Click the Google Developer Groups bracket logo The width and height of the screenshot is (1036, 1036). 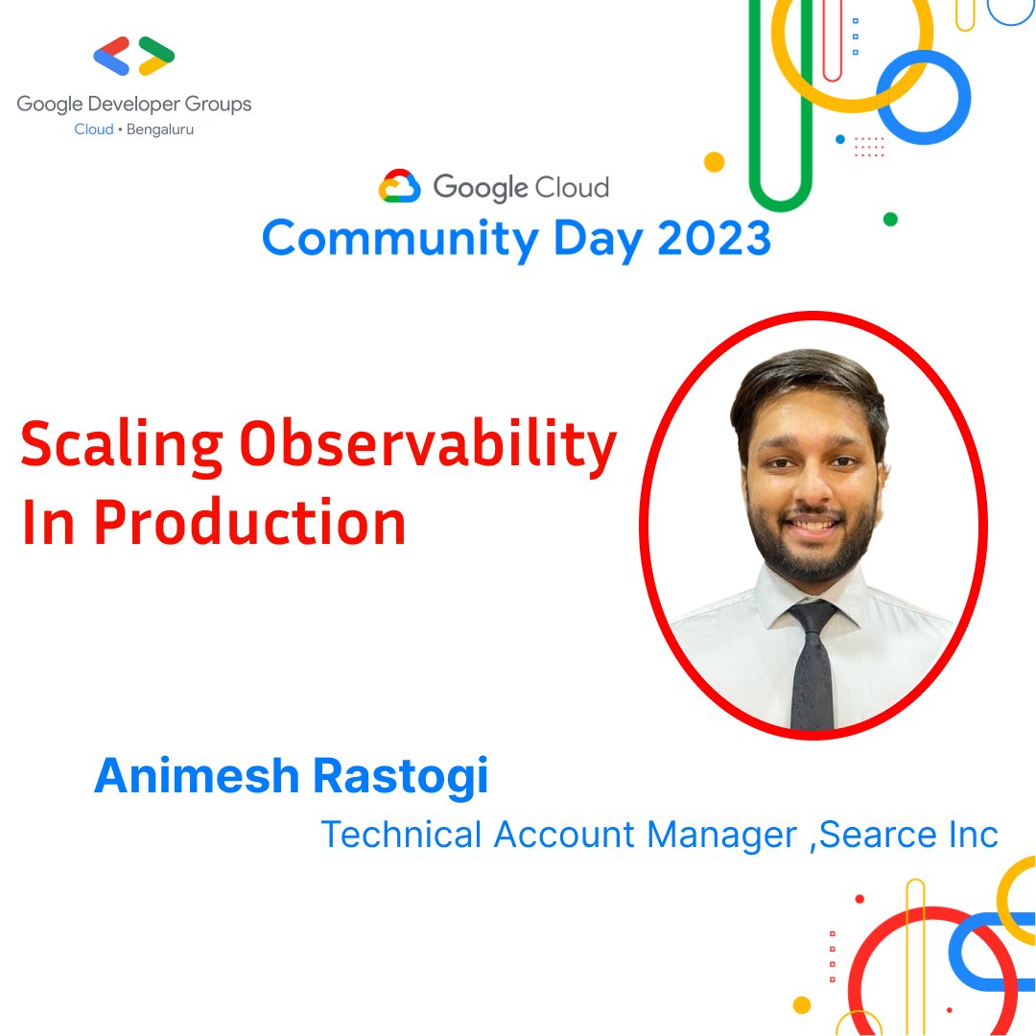click(134, 57)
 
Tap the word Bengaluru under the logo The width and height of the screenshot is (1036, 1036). click(160, 129)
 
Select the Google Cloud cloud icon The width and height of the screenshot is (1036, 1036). click(400, 186)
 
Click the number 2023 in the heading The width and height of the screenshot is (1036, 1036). click(715, 238)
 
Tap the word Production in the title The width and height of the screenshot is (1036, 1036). click(249, 523)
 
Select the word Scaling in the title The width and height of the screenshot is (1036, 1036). click(122, 445)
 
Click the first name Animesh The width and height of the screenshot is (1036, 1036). click(197, 775)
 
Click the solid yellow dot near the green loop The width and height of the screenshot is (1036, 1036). click(715, 162)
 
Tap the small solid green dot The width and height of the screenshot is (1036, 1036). click(890, 220)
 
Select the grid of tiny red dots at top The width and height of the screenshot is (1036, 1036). click(869, 147)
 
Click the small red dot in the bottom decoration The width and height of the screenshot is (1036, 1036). click(859, 899)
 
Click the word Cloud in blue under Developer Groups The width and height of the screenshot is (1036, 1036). click(94, 129)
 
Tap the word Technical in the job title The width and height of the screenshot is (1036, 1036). click(401, 834)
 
